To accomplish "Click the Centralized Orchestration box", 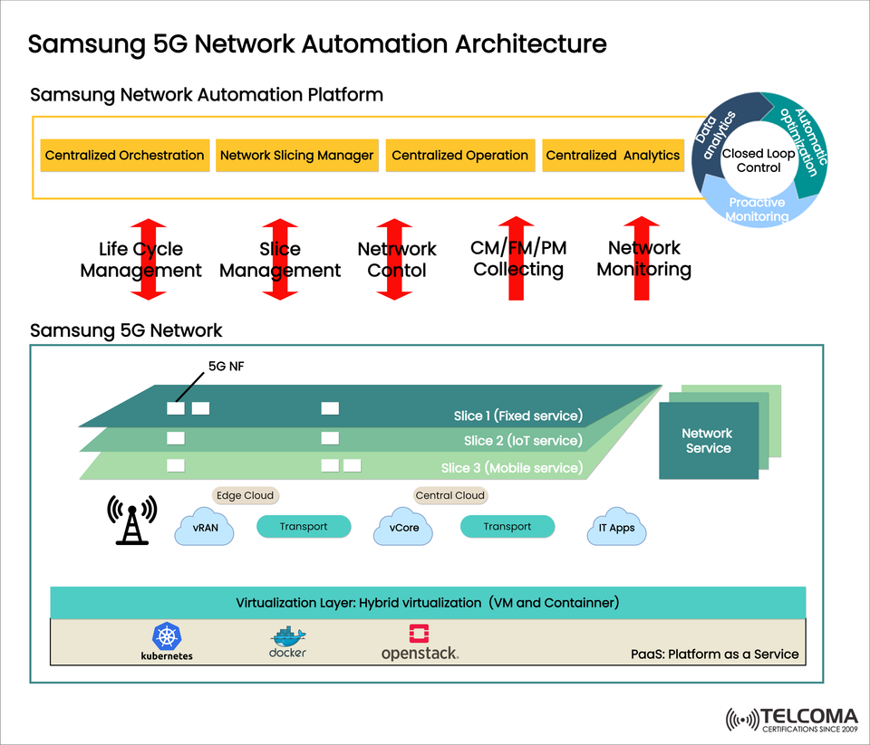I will tap(125, 155).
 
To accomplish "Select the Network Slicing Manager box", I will tap(296, 155).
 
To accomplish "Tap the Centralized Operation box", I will tap(459, 155).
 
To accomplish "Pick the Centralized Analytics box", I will tap(613, 155).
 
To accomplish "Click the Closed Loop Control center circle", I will tap(759, 160).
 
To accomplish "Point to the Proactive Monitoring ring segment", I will tap(758, 209).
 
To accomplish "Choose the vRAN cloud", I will tap(205, 527).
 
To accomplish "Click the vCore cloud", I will tap(404, 527).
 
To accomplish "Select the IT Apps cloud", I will tap(616, 527).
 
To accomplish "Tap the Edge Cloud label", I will tap(244, 495).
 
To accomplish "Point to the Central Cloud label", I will tap(450, 495).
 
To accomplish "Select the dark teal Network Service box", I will tap(708, 441).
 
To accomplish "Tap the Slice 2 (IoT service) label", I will tap(523, 441).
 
